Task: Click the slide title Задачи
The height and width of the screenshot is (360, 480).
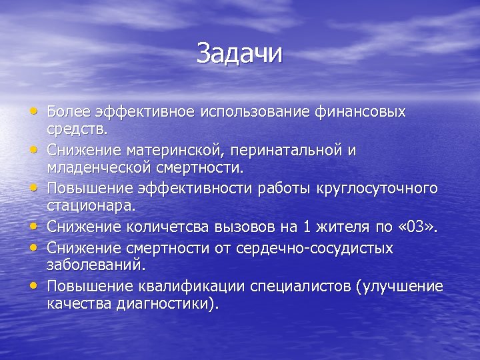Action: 239,54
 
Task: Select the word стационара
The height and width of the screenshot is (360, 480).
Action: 89,204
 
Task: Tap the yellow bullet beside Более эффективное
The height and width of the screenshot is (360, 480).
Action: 33,110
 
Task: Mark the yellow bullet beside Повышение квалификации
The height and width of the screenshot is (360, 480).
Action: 33,285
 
